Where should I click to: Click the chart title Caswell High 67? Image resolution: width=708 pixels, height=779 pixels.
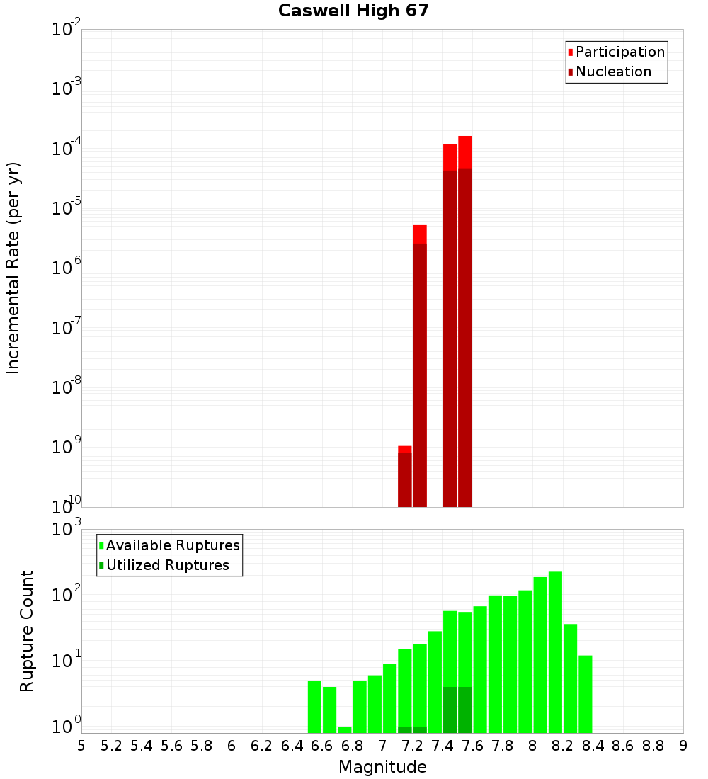tap(353, 11)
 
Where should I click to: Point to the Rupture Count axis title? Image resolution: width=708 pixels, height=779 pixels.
tap(27, 631)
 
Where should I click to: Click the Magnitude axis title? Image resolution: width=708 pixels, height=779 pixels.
tap(382, 767)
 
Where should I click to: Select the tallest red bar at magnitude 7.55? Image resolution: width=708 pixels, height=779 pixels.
tap(464, 319)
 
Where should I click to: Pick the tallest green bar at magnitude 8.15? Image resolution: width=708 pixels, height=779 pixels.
tap(555, 652)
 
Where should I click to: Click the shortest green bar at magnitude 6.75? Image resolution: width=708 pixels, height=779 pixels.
tap(345, 729)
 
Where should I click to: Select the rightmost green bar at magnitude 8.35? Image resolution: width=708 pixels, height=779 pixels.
tap(585, 694)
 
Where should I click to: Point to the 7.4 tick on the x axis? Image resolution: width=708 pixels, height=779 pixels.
tap(442, 746)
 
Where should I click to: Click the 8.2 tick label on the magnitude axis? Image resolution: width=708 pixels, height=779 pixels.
tap(563, 746)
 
